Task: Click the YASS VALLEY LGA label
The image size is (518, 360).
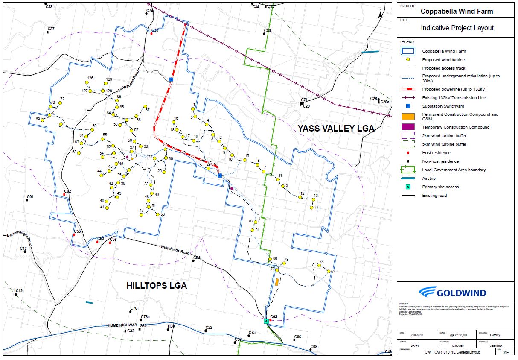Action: (x=335, y=128)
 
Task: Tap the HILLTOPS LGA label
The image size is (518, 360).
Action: (x=157, y=286)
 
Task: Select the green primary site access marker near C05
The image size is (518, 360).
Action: (x=266, y=321)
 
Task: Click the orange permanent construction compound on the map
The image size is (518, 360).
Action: (x=277, y=282)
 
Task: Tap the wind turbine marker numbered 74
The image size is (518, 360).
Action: (x=329, y=272)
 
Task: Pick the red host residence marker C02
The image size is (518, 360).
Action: (x=64, y=194)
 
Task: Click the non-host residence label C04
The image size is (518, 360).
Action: (x=196, y=258)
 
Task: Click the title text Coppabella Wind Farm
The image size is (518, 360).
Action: (x=457, y=12)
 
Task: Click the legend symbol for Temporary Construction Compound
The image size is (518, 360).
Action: (x=408, y=127)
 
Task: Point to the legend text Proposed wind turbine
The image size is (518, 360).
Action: (x=443, y=60)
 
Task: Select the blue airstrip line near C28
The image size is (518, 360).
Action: (x=370, y=52)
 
